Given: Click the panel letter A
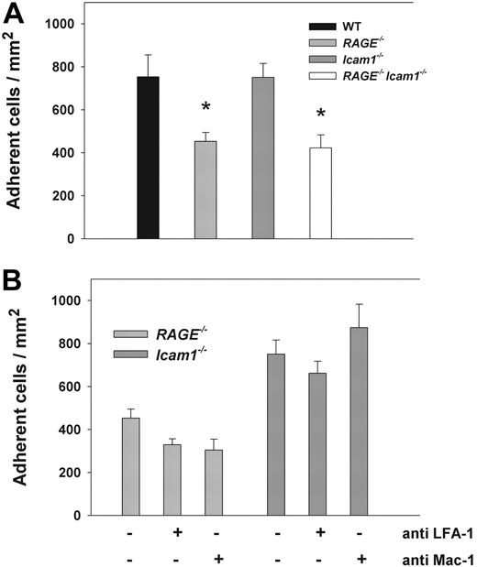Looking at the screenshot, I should pyautogui.click(x=16, y=16).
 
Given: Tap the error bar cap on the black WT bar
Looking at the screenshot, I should pyautogui.click(x=148, y=55).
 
